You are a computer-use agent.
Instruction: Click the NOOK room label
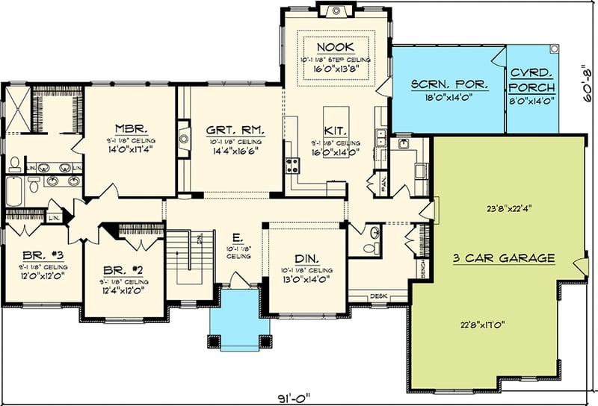tap(335, 46)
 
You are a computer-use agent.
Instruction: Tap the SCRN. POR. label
tap(449, 81)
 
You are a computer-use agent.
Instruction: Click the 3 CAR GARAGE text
tap(504, 258)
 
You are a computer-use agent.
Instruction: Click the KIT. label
tap(334, 130)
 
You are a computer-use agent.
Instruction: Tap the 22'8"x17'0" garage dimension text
tap(485, 324)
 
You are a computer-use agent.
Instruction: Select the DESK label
tap(379, 297)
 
